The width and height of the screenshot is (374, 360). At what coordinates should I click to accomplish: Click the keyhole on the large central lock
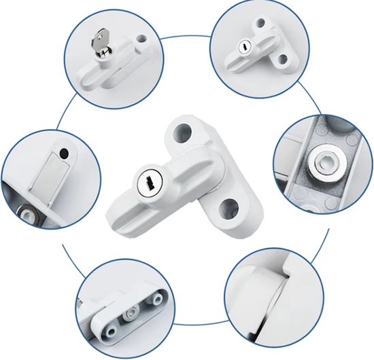[148, 183]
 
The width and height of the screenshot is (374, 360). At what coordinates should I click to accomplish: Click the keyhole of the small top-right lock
[243, 48]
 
